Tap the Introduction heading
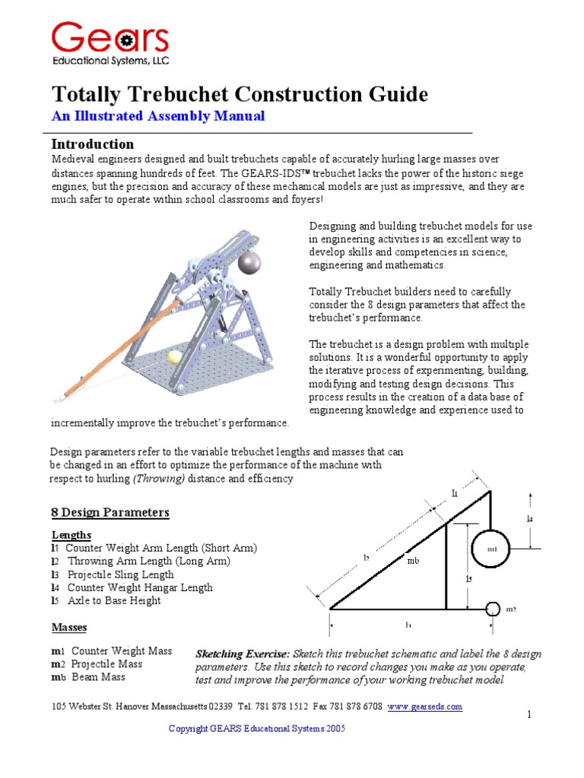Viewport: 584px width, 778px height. (x=92, y=144)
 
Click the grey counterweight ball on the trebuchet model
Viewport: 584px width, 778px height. (x=249, y=263)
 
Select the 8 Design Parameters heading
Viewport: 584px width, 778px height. (x=110, y=513)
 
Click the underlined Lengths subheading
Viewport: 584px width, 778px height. (x=71, y=535)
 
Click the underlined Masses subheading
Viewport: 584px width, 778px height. (x=69, y=628)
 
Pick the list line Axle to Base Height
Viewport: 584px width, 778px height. (x=114, y=600)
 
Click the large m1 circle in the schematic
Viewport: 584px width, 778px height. (x=490, y=549)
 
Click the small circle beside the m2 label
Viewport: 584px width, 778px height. (x=492, y=609)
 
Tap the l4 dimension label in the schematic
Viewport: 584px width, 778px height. (x=530, y=519)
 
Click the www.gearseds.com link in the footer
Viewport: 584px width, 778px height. (x=424, y=707)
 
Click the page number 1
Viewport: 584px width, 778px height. (x=527, y=716)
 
